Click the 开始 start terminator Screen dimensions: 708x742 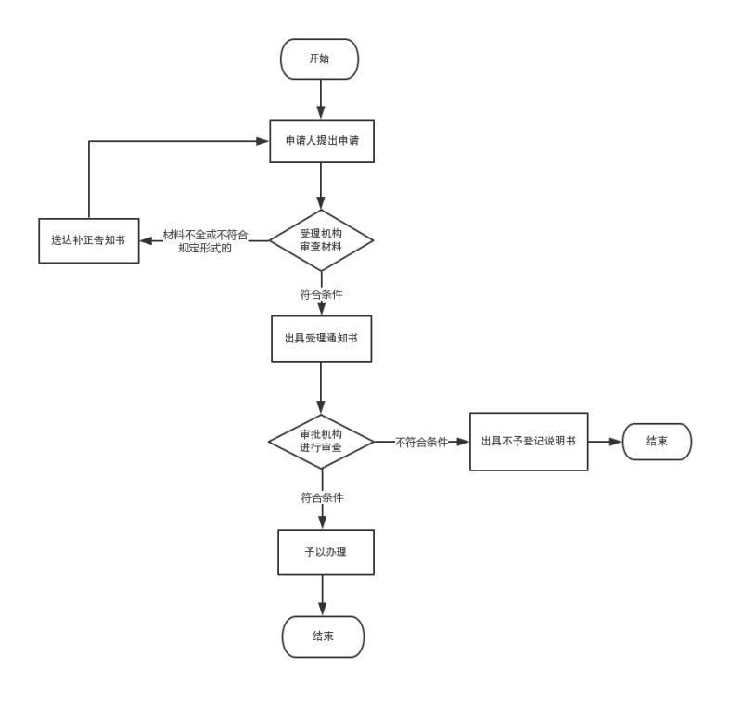click(x=319, y=58)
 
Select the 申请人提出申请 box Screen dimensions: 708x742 click(x=321, y=141)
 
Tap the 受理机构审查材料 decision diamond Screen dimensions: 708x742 click(x=321, y=240)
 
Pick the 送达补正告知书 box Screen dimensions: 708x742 click(x=88, y=240)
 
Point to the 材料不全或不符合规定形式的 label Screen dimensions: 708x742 click(x=205, y=241)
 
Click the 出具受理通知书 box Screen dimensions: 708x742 click(x=321, y=340)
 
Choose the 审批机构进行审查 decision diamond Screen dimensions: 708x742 click(x=321, y=441)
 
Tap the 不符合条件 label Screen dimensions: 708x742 click(x=421, y=442)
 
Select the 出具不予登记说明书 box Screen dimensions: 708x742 click(x=529, y=441)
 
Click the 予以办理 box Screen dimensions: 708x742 click(x=326, y=552)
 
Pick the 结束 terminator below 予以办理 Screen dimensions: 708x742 click(x=323, y=637)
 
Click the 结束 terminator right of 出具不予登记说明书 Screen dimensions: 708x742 click(x=657, y=441)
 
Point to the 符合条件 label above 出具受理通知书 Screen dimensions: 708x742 click(x=321, y=295)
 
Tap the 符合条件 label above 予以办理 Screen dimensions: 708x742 click(x=321, y=498)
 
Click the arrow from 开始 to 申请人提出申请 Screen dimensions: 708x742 click(x=321, y=98)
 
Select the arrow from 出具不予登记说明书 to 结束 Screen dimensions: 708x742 click(x=605, y=442)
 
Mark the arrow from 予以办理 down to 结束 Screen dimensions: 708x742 click(x=322, y=595)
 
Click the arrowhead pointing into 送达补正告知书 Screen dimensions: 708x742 click(x=147, y=241)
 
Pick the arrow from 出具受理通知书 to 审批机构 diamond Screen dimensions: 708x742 click(x=321, y=387)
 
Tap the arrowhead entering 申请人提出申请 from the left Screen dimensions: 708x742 click(x=262, y=141)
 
